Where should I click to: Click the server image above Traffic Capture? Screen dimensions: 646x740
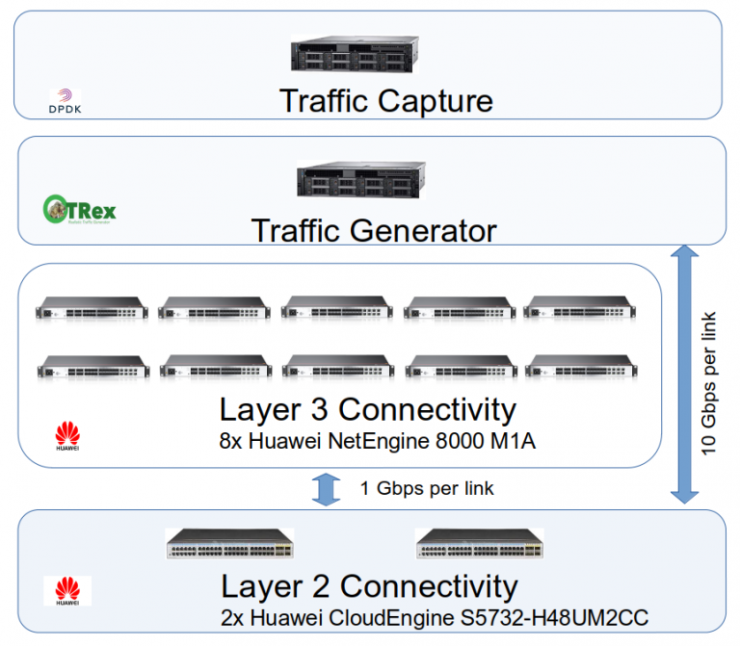(356, 54)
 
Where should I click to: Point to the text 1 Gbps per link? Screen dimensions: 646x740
(426, 488)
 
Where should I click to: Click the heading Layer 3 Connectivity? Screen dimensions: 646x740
(367, 409)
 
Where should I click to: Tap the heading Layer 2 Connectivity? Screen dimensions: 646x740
(368, 586)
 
